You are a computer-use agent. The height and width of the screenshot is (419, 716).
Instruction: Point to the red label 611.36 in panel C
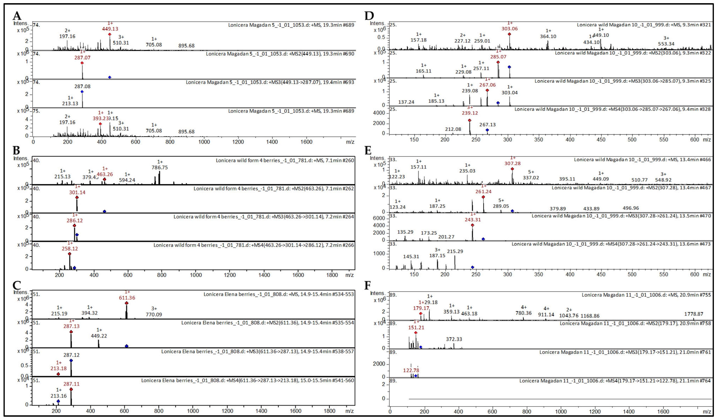pos(127,298)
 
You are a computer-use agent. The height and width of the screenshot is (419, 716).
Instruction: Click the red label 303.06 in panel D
pos(509,29)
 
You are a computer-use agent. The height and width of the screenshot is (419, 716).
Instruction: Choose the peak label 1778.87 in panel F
pos(693,314)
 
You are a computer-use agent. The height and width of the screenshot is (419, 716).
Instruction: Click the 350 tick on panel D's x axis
pos(538,140)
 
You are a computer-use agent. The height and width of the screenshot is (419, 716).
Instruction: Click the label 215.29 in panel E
pos(455,251)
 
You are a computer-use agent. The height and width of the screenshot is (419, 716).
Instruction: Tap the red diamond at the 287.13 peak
pos(71,332)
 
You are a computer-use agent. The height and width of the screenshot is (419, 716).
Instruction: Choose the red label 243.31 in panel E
pos(473,219)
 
